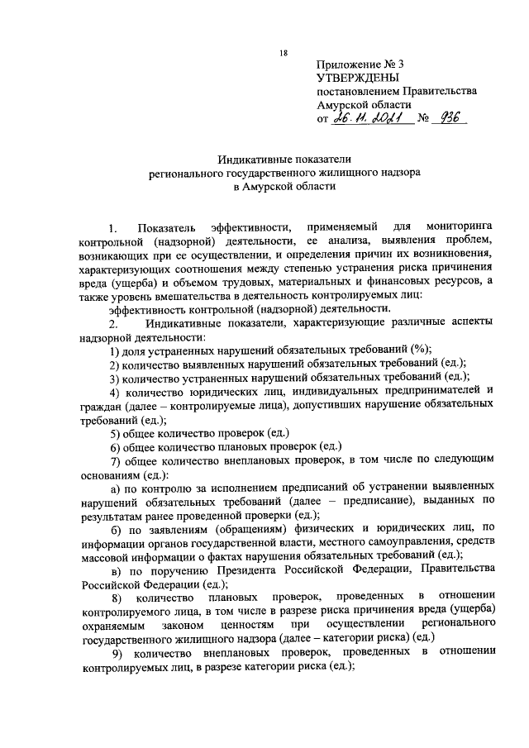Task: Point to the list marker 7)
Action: [x=116, y=460]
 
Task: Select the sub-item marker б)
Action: [x=116, y=528]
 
